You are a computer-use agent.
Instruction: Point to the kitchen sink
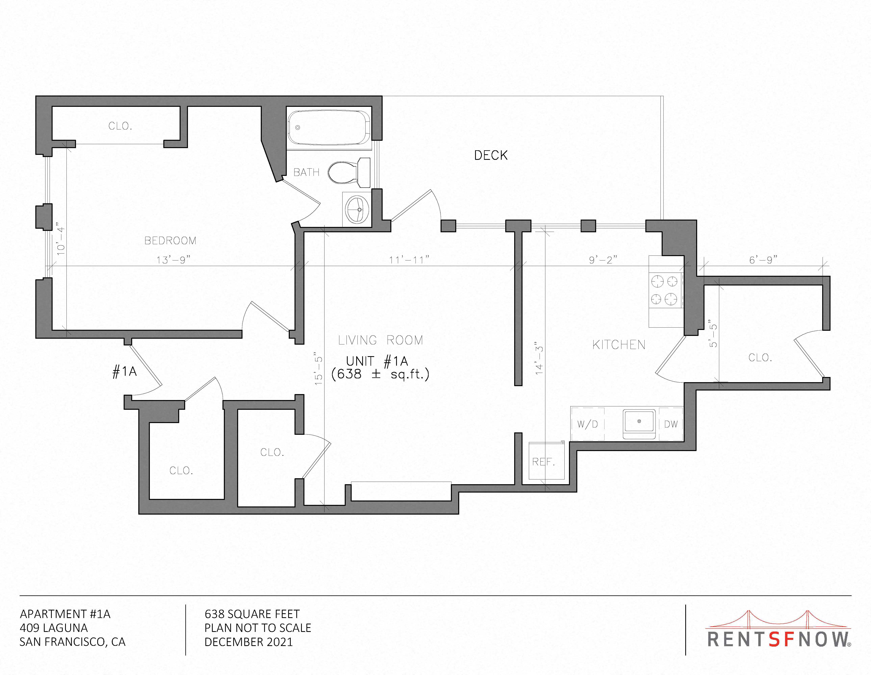coord(639,424)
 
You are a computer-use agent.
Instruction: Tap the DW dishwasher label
coord(671,424)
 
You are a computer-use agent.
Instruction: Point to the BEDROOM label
coord(170,241)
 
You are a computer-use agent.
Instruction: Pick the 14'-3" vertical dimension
coord(540,358)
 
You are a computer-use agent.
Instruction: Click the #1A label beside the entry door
coord(125,372)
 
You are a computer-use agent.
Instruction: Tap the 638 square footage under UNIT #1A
coord(349,374)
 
